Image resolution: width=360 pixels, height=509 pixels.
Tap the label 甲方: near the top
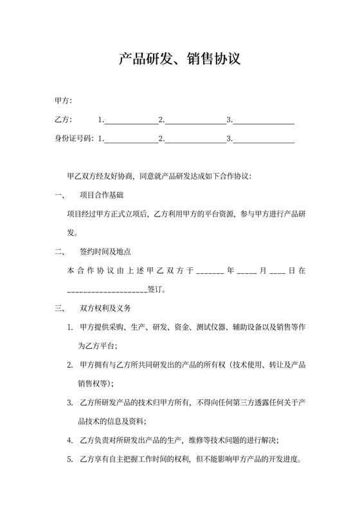[x=64, y=101]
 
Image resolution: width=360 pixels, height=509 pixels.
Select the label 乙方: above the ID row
[x=64, y=120]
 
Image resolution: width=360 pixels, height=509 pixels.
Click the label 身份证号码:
[x=75, y=138]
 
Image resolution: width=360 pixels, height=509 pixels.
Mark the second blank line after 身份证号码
[x=194, y=139]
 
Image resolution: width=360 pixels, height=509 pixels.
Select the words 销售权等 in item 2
[x=93, y=384]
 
